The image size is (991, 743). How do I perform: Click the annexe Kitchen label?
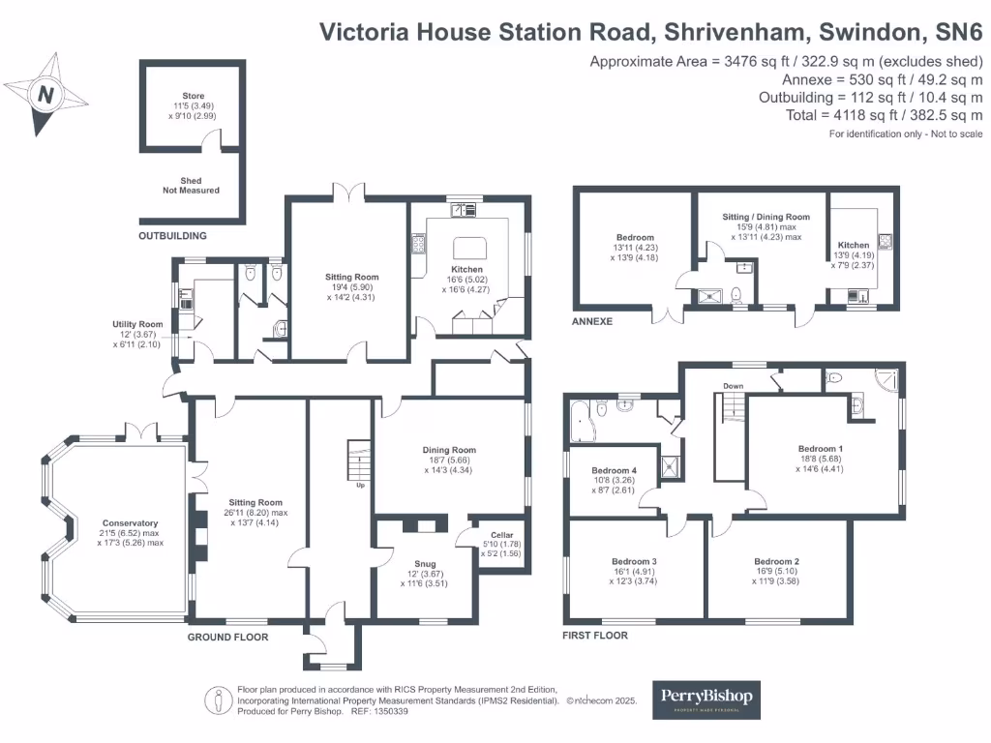click(x=854, y=246)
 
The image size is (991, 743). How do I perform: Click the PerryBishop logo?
click(x=706, y=698)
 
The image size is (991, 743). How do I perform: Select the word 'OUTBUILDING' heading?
click(x=172, y=235)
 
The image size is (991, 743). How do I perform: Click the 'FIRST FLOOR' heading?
click(x=595, y=636)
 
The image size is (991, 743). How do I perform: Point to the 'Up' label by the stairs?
click(x=361, y=485)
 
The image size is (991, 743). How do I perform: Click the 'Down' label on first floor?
click(x=734, y=385)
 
